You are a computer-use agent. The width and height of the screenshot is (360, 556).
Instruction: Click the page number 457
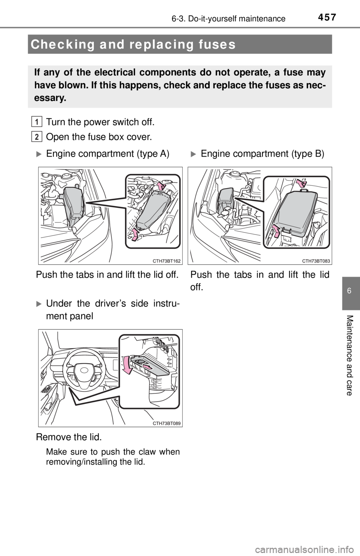tap(327, 17)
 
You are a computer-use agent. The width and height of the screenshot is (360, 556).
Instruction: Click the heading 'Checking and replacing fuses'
tap(133, 45)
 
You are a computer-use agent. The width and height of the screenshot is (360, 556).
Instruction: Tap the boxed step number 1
tap(36, 122)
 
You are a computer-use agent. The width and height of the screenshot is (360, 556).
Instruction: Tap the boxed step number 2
tap(36, 136)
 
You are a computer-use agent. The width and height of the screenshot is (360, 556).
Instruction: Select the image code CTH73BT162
tap(166, 261)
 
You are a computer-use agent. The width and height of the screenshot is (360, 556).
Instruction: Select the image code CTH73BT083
tap(316, 261)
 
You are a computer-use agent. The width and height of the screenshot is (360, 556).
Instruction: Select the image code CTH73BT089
tap(166, 423)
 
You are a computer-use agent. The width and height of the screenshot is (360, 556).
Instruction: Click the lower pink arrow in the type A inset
tap(134, 234)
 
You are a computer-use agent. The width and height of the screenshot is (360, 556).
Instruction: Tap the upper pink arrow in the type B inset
tap(301, 183)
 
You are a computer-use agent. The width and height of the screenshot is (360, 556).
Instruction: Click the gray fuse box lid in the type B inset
tap(297, 212)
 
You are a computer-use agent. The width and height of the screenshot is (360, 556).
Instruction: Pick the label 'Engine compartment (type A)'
tap(108, 154)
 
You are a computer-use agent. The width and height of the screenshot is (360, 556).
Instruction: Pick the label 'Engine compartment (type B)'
tap(262, 154)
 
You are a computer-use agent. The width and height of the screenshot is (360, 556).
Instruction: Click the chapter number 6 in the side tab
tap(349, 291)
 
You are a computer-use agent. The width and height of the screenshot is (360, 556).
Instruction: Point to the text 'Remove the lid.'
tap(69, 437)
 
